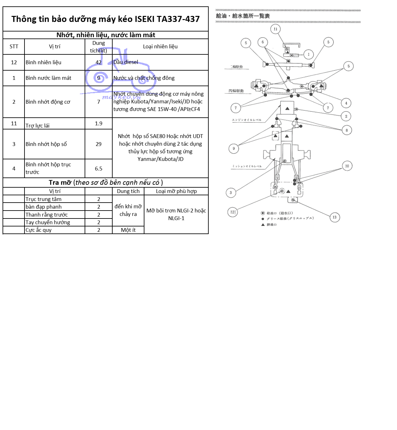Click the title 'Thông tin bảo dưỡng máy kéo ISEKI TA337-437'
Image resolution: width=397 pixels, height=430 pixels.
click(105, 19)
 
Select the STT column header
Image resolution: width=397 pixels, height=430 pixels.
click(14, 46)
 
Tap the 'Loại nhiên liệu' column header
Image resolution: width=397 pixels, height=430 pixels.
click(160, 46)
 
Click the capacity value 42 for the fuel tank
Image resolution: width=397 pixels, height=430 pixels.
click(99, 62)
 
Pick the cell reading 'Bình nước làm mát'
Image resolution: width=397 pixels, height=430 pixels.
click(48, 78)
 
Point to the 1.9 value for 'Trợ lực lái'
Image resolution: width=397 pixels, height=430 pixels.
click(99, 123)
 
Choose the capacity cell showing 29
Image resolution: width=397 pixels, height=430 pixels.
click(99, 144)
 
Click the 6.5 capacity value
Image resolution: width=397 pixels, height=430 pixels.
click(99, 169)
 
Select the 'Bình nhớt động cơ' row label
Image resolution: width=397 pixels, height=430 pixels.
click(48, 102)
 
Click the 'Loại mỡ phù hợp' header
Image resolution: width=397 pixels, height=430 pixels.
click(176, 191)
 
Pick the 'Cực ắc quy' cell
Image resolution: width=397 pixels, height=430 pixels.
click(38, 230)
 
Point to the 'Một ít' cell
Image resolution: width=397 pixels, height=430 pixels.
click(128, 230)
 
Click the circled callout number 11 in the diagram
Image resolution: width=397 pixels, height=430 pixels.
click(275, 29)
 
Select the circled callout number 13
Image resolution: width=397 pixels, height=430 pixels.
click(334, 217)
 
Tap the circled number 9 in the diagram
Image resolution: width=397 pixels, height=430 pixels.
click(234, 149)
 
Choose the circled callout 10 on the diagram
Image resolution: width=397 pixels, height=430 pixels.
click(347, 166)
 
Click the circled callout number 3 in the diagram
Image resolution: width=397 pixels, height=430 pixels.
click(231, 192)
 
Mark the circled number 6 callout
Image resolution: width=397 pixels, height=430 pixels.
click(263, 42)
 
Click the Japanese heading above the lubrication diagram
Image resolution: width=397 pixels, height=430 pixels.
click(243, 16)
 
